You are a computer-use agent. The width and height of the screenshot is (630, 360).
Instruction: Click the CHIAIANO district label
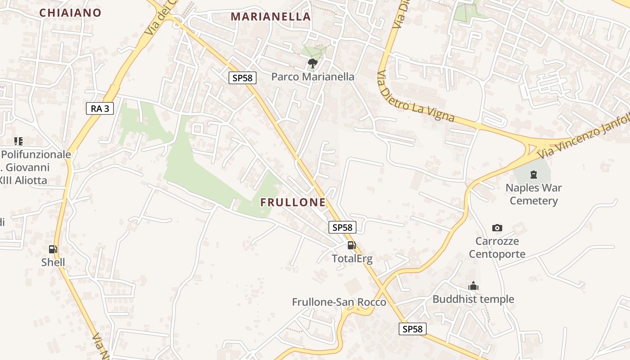(70, 13)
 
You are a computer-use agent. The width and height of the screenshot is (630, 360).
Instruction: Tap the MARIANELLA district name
(270, 17)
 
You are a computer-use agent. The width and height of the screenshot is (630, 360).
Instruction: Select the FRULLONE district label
(293, 202)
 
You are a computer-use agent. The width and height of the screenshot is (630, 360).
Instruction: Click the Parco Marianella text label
(313, 77)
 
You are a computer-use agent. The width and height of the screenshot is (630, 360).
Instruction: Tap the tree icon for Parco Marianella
(312, 63)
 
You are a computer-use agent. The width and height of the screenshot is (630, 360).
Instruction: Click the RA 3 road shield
(100, 108)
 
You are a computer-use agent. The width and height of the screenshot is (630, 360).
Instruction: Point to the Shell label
(53, 262)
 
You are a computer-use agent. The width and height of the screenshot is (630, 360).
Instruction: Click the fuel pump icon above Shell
(53, 249)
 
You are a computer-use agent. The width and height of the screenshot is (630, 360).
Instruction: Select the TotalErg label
(352, 259)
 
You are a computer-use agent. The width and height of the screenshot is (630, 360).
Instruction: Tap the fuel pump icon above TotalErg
(351, 245)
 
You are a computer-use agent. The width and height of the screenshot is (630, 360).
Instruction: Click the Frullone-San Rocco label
(339, 302)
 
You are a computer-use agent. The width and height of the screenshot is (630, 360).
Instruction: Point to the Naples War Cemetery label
(534, 194)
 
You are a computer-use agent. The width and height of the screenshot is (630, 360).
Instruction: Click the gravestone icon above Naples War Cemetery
(534, 175)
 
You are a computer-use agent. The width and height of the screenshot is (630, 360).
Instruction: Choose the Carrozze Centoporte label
(497, 247)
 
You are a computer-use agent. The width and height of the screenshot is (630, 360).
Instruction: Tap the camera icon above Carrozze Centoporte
(497, 228)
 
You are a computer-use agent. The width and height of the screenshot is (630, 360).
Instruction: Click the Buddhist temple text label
(473, 299)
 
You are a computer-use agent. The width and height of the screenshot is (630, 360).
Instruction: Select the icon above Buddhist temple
(473, 286)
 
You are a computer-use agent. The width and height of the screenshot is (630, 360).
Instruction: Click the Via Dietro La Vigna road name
(416, 98)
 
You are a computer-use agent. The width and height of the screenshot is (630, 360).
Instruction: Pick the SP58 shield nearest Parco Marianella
(242, 78)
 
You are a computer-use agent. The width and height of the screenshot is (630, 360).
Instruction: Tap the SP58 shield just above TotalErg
(342, 227)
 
